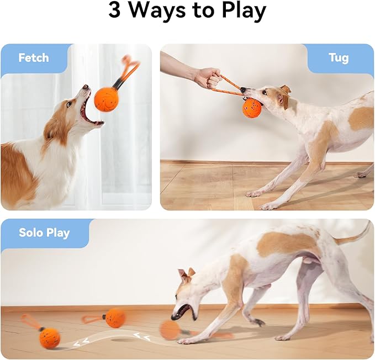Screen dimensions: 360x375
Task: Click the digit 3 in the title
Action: coord(114,11)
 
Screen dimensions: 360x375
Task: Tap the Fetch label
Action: coord(34,58)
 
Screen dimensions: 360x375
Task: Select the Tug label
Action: coord(338,58)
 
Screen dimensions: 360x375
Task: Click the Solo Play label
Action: coord(45,232)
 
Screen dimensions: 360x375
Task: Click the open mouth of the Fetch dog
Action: coord(89,110)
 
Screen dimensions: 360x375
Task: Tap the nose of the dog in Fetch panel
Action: coord(86,87)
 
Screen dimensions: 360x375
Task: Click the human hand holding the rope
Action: coord(208,77)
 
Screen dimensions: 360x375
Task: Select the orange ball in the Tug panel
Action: coord(252,108)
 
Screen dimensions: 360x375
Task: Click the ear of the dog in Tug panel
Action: coord(285,89)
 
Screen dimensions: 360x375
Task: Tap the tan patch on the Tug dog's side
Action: coord(361,118)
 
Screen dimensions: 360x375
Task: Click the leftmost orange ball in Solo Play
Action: coord(50,337)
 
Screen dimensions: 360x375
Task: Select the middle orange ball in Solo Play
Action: coord(115,317)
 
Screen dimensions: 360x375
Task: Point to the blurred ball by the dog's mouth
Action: coord(170,330)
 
